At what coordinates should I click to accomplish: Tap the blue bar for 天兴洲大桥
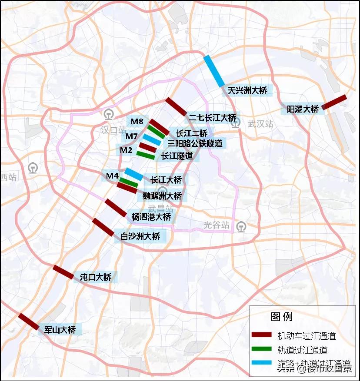click(214, 71)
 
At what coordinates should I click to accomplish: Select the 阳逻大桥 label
click(303, 109)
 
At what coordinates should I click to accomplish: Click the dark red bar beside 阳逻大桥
click(334, 102)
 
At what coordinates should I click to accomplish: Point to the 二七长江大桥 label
click(212, 118)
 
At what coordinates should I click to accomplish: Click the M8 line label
click(137, 121)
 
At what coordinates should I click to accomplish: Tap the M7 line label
click(132, 136)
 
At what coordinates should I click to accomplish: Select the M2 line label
click(127, 150)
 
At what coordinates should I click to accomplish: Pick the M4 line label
click(112, 176)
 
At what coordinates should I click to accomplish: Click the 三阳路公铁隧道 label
click(195, 143)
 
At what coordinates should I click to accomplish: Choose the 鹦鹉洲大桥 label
click(162, 196)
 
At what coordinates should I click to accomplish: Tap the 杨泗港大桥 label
click(151, 216)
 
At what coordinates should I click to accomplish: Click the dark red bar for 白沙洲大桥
click(103, 227)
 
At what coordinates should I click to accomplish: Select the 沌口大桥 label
click(96, 277)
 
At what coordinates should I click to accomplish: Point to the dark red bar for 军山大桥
click(28, 321)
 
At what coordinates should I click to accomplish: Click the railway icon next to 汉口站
click(108, 114)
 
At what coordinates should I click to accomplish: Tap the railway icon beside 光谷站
click(241, 227)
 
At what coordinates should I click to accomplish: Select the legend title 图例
click(282, 316)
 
